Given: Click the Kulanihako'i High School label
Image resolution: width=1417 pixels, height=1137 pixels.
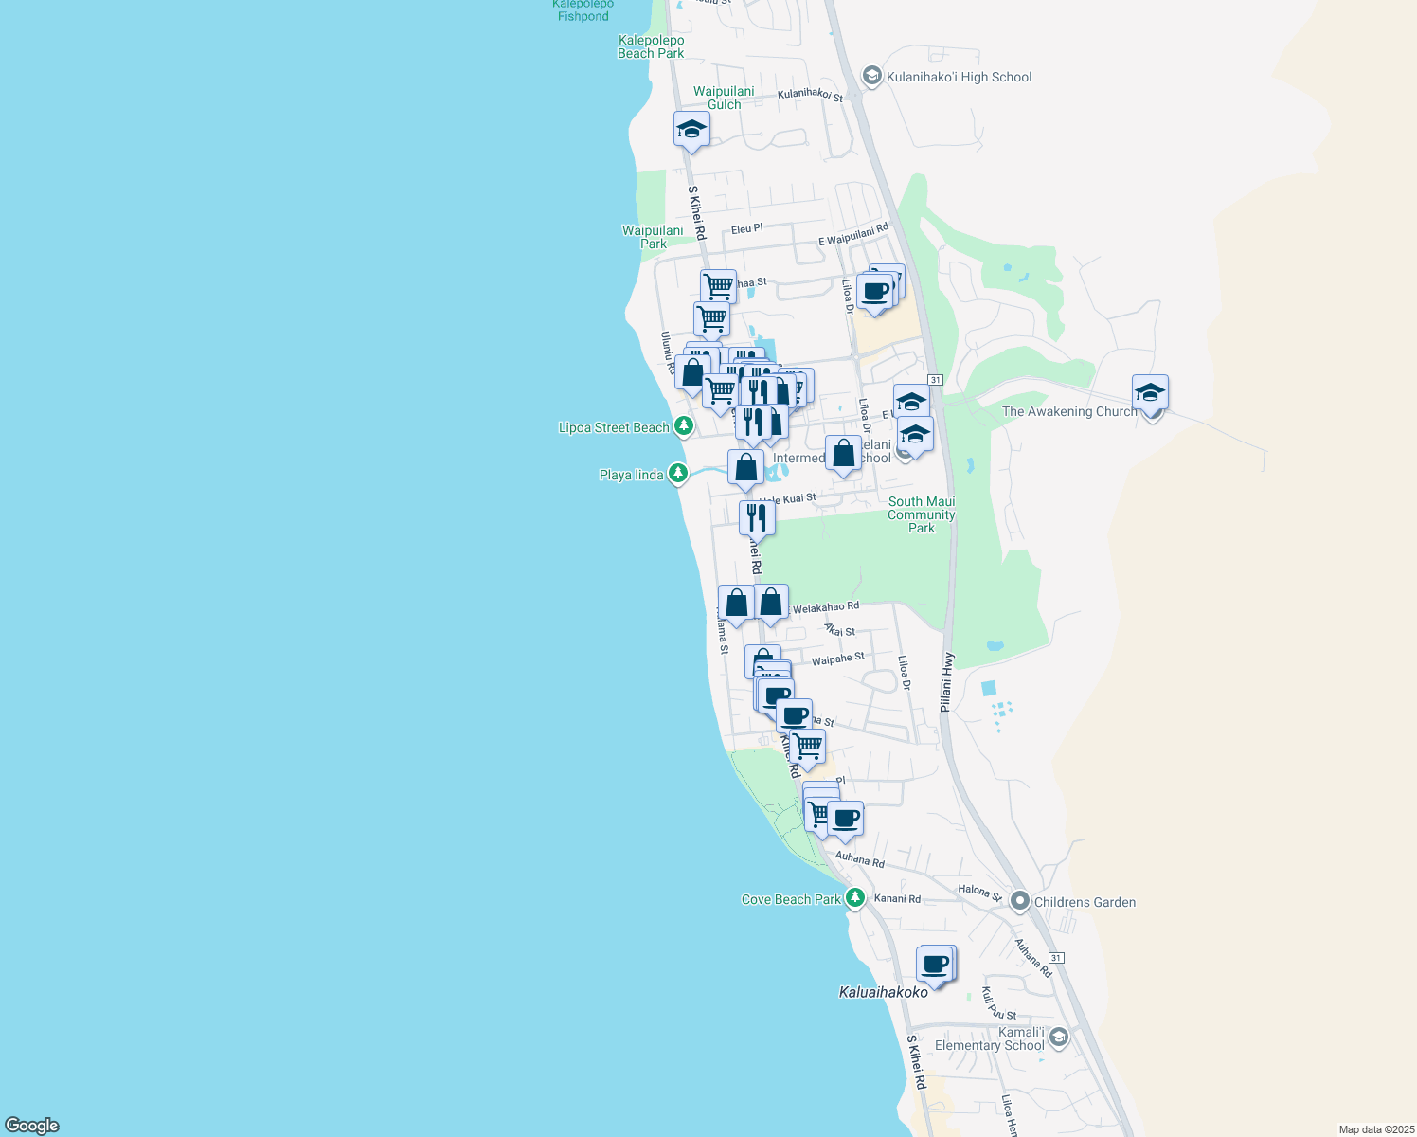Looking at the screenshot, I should (959, 77).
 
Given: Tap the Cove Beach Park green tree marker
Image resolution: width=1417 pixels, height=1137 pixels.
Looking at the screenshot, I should (855, 897).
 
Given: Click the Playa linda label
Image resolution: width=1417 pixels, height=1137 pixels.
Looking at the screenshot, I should (631, 475).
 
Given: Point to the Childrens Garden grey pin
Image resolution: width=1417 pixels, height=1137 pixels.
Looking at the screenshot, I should (1020, 901).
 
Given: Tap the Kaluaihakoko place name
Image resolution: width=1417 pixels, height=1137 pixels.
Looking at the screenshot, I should (883, 992).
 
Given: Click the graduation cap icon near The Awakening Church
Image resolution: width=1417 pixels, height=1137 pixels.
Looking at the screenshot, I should (1149, 392).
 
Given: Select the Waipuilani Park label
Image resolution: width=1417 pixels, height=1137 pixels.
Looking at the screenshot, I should (653, 237).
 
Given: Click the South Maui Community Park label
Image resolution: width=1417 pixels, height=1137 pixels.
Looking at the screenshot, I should (922, 514).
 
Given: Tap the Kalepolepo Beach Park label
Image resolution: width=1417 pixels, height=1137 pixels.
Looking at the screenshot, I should (651, 46).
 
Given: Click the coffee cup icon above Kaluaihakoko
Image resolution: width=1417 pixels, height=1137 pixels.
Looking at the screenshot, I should (934, 965).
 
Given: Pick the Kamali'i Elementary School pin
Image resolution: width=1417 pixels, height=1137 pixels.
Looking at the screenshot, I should (1059, 1038).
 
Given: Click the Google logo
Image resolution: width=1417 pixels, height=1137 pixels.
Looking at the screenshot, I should (32, 1125).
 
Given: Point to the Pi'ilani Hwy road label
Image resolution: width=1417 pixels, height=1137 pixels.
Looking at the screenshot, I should (947, 682).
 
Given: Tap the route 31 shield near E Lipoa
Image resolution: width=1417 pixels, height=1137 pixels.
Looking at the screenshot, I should (936, 379).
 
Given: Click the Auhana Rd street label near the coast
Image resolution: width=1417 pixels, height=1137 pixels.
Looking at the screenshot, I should (859, 859).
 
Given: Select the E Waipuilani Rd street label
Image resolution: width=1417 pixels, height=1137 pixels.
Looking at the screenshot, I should (853, 235).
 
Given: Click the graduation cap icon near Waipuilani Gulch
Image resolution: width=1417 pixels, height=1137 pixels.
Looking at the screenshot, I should (691, 129).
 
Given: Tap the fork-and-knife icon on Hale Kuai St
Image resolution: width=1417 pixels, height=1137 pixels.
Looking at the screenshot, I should (756, 517).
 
